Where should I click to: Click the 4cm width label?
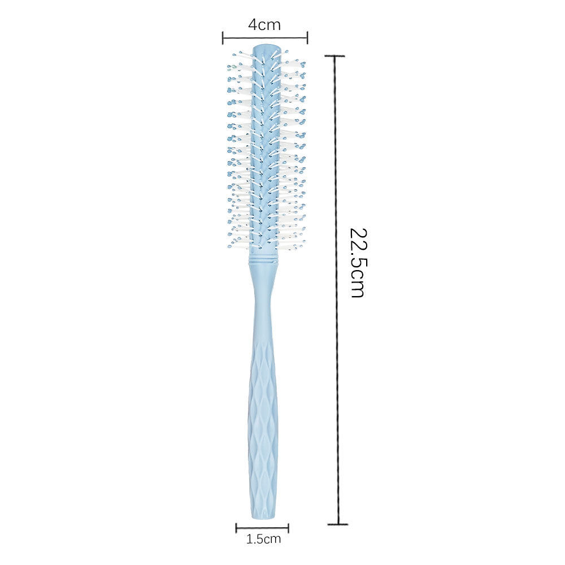coord(264,24)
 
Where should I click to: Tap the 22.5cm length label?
coord(358,263)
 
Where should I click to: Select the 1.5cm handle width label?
coord(263,539)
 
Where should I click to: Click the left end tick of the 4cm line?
coord(223,37)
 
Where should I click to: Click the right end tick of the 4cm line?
coord(307,37)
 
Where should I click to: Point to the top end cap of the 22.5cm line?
coord(335,56)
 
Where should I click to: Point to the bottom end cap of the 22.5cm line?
coord(338,524)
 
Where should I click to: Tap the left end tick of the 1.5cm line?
coord(236,528)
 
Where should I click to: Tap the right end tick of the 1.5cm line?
coord(288,528)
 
